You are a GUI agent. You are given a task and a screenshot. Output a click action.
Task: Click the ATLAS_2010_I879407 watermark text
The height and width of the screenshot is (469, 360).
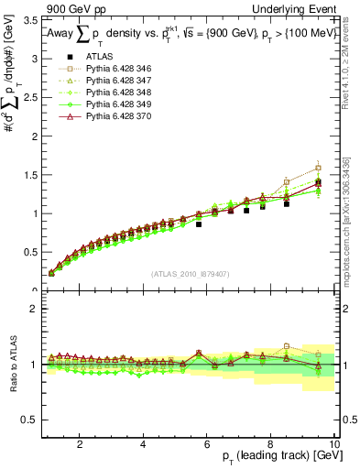191,274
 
